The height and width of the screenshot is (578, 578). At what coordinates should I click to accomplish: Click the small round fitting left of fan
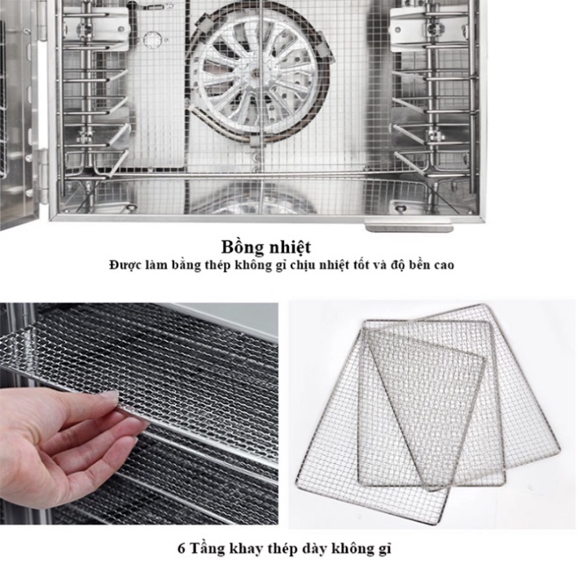(151, 39)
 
